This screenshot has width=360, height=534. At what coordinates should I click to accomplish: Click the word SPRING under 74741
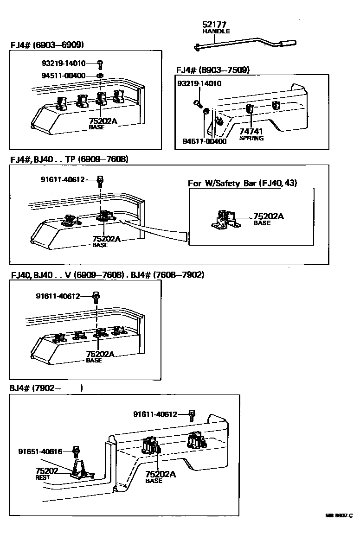point(251,138)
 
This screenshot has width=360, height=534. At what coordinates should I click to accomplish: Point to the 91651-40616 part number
point(40,451)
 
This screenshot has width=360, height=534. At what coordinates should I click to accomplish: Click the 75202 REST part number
point(47,470)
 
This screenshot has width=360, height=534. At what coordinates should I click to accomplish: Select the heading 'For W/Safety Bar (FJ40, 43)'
point(243,183)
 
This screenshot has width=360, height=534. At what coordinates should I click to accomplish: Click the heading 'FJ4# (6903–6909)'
point(47,45)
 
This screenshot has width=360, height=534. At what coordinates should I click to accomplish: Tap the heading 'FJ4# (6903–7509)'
point(213,70)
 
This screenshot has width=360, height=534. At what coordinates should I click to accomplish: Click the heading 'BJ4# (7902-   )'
point(46,388)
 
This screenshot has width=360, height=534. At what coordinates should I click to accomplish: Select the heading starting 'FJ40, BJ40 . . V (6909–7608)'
point(107,275)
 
